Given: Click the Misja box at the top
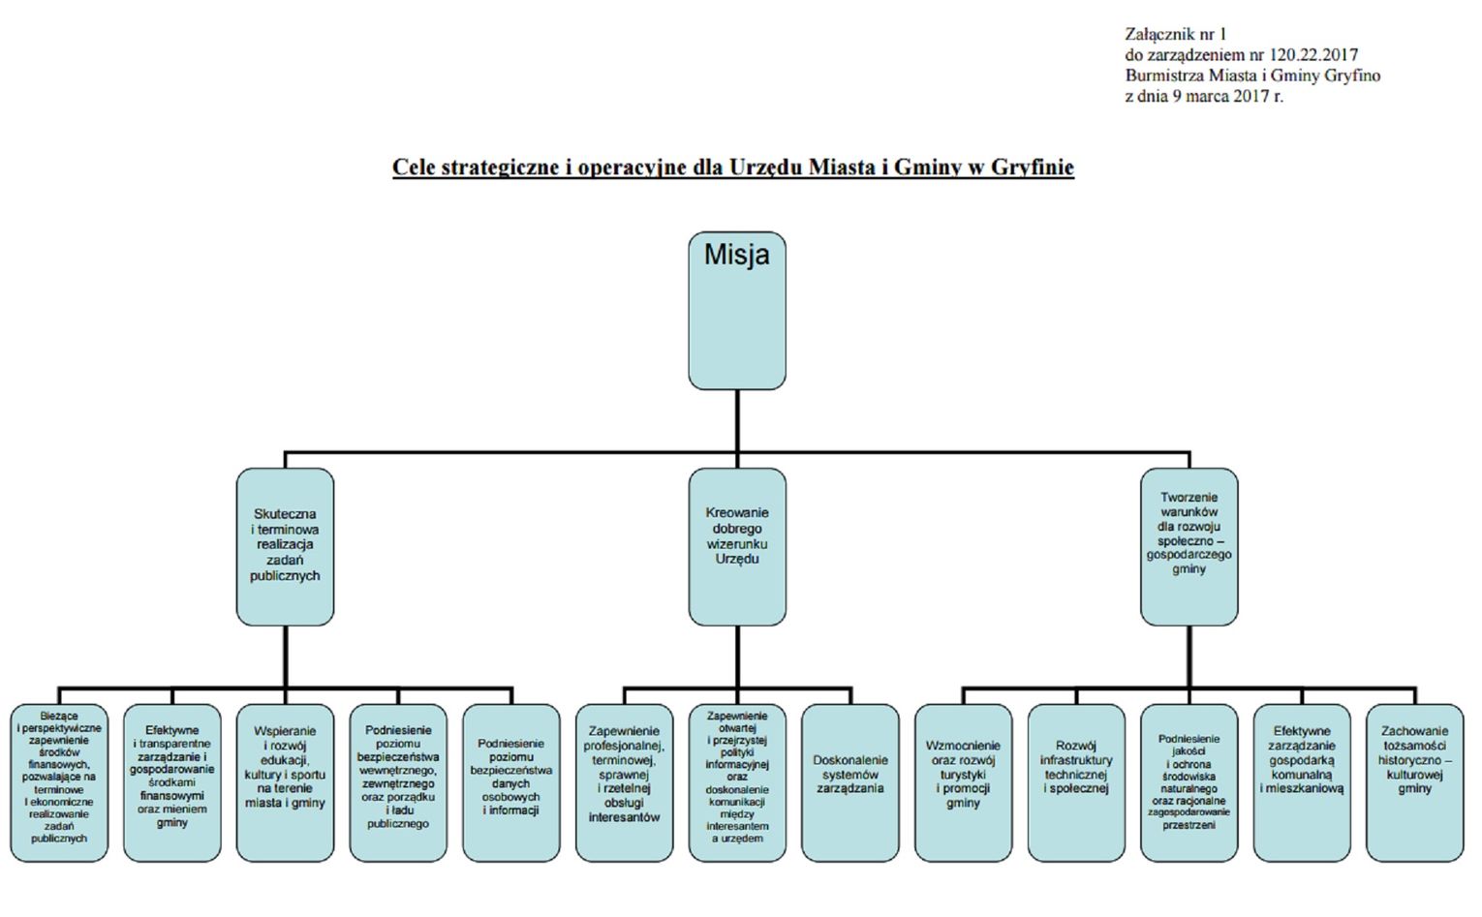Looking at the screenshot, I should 736,310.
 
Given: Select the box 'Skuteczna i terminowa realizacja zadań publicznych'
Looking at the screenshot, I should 285,546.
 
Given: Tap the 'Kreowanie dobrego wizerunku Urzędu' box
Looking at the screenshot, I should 736,546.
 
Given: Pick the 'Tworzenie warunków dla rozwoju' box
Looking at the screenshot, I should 1189,546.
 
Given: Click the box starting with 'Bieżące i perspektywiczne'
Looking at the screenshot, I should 59,782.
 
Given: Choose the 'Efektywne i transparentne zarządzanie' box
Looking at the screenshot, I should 172,782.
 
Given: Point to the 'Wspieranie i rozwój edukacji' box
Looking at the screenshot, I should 285,782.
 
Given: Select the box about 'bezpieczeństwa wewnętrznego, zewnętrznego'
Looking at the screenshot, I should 398,782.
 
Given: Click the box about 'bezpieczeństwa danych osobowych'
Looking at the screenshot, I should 510,782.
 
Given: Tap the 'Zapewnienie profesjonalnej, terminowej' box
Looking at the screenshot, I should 624,782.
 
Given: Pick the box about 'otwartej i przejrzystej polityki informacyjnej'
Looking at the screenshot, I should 736,782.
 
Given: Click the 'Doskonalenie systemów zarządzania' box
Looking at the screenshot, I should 849,782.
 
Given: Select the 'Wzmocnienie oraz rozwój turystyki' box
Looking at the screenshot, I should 963,782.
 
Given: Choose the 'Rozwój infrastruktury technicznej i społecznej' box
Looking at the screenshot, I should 1076,782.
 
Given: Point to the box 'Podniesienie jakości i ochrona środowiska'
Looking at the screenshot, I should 1189,782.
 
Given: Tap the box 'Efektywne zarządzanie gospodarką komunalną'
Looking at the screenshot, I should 1302,782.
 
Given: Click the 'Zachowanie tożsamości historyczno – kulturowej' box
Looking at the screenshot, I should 1414,782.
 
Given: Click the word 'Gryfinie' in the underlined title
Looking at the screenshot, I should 1032,168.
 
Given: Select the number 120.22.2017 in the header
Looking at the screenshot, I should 1313,55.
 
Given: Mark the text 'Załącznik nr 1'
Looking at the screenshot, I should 1175,34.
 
